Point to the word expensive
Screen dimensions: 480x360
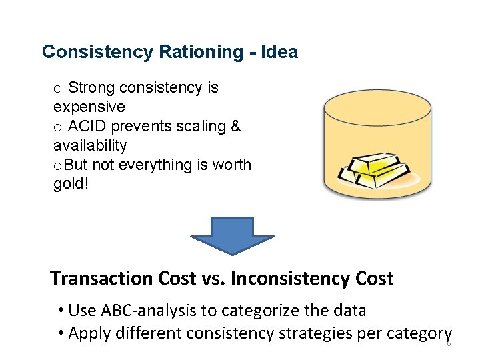89,107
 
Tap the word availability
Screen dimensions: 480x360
90,145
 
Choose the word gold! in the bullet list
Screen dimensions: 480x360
70,183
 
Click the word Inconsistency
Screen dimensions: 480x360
295,278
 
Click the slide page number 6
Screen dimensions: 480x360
449,343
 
